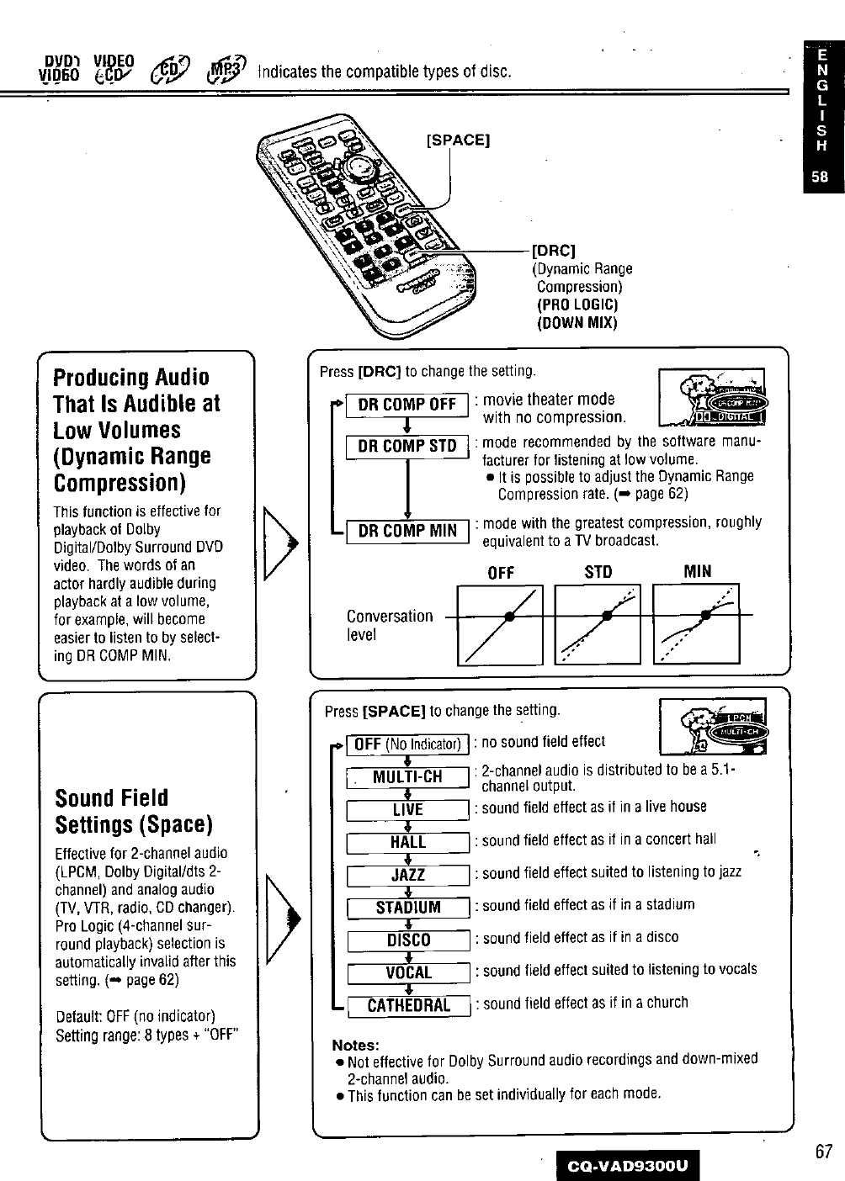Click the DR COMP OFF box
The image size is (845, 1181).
point(407,405)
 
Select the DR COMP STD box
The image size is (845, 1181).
point(407,446)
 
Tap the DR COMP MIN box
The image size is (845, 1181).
point(407,531)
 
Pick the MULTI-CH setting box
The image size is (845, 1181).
point(407,776)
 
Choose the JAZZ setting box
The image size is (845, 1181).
point(407,875)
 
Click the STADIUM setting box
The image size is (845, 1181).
point(407,908)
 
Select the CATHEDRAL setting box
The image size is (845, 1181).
point(407,1005)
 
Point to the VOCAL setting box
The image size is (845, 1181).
point(407,973)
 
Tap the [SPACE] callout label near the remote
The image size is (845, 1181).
point(459,139)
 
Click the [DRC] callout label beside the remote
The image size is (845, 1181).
point(555,251)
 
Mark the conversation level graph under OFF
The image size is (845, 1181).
point(500,623)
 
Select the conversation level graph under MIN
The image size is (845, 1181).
point(695,623)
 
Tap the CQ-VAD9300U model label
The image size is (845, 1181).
point(627,1165)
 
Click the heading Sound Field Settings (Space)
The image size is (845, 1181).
point(133,810)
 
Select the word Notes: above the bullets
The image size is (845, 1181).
point(356,1045)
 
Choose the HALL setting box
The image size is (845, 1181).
point(407,842)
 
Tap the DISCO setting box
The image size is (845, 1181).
point(407,940)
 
